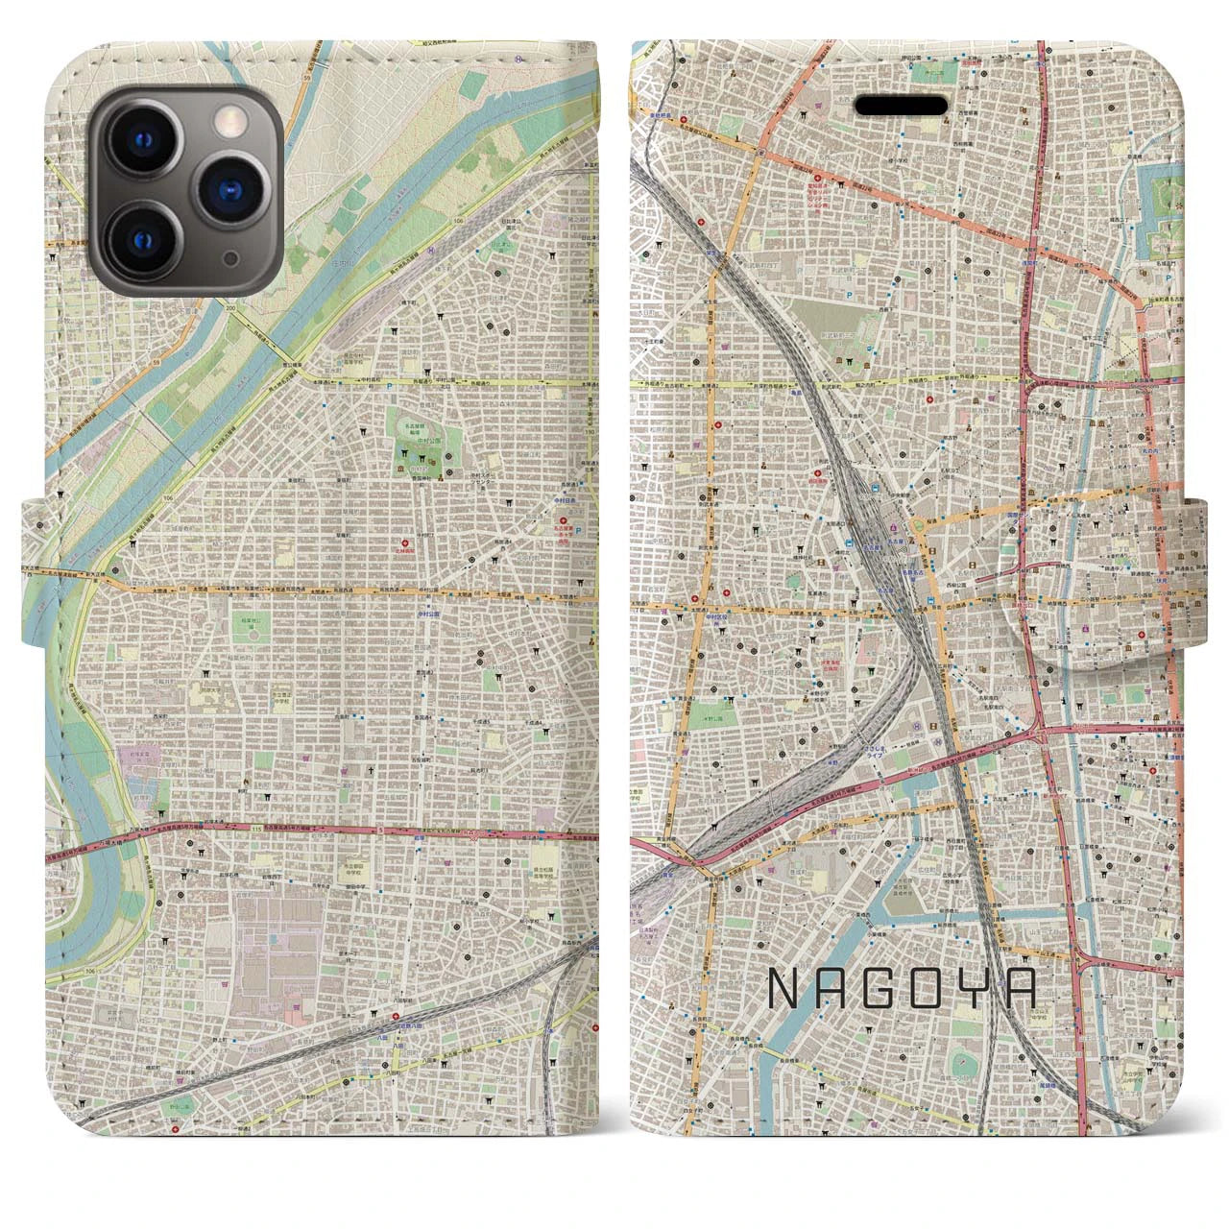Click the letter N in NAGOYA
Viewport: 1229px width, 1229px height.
click(x=785, y=990)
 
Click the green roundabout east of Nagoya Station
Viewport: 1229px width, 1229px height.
click(x=921, y=525)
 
